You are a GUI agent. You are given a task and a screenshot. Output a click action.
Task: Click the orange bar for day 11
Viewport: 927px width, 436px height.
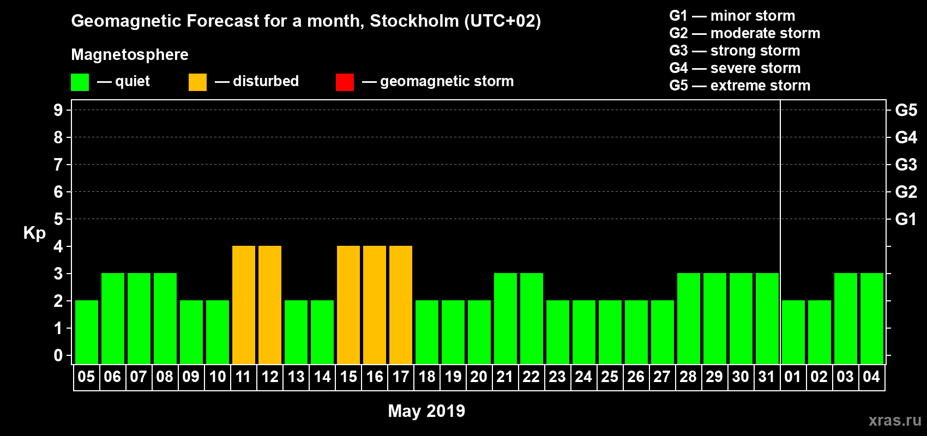(x=243, y=305)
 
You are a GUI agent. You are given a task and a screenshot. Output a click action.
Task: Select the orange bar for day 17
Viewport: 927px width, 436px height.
(x=400, y=305)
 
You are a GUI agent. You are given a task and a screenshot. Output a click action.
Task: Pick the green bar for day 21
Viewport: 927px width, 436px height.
(x=505, y=319)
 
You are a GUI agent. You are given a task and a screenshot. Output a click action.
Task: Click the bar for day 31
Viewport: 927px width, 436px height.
(x=767, y=319)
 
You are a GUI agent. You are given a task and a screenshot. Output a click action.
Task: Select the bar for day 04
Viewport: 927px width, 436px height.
(x=871, y=319)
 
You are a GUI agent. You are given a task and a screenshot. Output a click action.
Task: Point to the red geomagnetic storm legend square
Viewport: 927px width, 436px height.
(x=345, y=82)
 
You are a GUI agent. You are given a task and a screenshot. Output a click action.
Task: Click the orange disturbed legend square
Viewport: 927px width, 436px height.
(x=197, y=82)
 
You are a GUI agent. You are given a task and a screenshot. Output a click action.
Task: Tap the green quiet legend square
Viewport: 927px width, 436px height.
(x=80, y=82)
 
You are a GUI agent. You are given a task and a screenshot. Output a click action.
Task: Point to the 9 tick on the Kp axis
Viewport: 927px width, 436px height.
(x=58, y=110)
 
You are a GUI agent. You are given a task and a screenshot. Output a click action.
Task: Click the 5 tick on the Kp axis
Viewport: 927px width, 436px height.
(x=58, y=219)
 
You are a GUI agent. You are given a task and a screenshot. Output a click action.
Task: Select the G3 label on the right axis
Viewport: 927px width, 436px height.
(x=906, y=165)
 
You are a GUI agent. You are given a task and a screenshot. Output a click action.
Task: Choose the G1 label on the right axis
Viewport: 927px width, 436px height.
(x=906, y=219)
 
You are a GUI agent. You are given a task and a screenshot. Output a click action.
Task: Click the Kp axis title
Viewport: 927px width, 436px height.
(x=34, y=233)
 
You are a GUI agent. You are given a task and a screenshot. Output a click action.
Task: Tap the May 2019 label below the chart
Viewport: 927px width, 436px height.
(x=426, y=411)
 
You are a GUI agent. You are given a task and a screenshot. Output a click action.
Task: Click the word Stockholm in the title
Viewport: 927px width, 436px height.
(x=414, y=21)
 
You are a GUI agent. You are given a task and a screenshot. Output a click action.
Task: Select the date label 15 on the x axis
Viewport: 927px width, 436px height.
(x=348, y=377)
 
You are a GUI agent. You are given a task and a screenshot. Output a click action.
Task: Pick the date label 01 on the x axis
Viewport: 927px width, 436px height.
(x=792, y=377)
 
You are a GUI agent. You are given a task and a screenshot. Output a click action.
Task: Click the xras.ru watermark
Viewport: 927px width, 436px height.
(x=895, y=420)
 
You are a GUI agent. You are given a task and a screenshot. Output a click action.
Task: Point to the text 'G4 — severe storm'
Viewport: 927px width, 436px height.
(x=735, y=68)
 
